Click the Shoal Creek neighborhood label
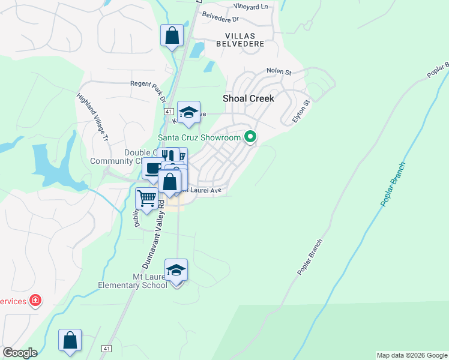[248, 98]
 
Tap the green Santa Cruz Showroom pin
[251, 137]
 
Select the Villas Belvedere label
[246, 41]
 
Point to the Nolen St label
[280, 72]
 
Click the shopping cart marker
[146, 198]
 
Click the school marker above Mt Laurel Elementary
[176, 270]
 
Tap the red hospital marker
[35, 299]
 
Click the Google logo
[19, 353]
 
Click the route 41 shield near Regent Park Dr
[169, 112]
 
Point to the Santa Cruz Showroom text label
[199, 137]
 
